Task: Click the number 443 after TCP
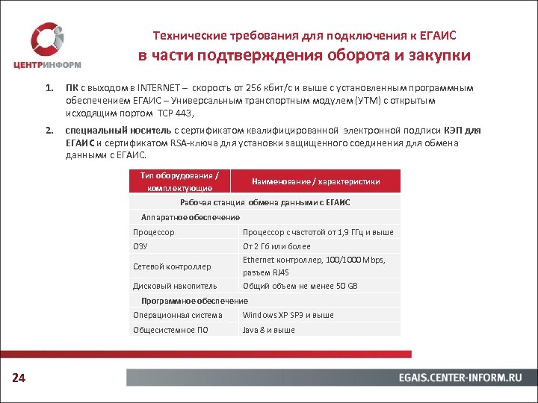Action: [183, 113]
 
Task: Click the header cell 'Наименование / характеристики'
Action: [315, 181]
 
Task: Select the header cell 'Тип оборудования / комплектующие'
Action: [179, 181]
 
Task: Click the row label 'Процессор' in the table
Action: [154, 232]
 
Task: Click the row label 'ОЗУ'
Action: [140, 246]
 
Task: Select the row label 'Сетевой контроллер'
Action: [172, 266]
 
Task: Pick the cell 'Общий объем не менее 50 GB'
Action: [300, 286]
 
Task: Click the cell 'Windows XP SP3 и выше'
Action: [288, 315]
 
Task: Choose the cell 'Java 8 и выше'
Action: [269, 330]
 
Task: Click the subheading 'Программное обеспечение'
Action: [194, 301]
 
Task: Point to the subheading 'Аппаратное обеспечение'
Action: [191, 217]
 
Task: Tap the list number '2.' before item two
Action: [49, 131]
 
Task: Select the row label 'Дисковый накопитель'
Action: [175, 286]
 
